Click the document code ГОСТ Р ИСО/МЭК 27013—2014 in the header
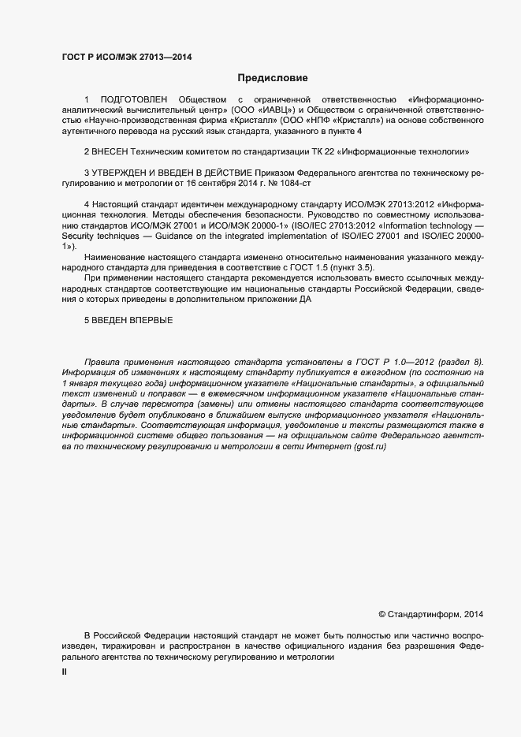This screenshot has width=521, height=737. [x=127, y=57]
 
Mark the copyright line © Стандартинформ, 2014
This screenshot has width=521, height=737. [x=431, y=612]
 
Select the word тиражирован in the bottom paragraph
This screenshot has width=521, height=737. [x=121, y=646]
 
